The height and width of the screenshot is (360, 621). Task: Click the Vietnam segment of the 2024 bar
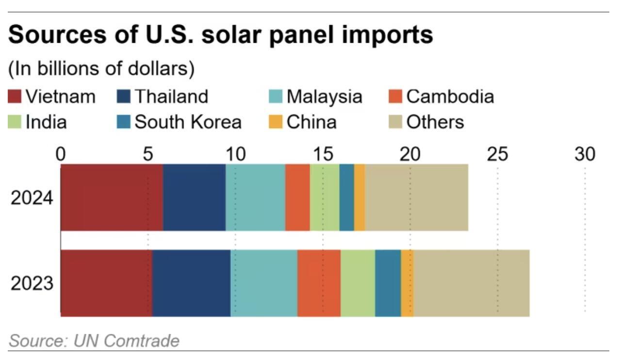tap(112, 197)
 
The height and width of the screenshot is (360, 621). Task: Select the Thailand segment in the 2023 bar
tap(191, 283)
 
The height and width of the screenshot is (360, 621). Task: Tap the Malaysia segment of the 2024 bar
tap(255, 197)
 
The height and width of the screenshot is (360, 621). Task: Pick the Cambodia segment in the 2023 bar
tap(319, 283)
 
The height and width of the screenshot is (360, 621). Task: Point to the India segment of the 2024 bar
tap(325, 197)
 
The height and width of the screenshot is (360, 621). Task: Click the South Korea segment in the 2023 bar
tap(388, 283)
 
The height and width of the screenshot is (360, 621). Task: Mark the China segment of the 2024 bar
tap(359, 197)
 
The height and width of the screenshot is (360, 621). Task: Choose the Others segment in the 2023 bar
tap(472, 283)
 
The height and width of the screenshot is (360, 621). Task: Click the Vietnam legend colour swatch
tap(15, 97)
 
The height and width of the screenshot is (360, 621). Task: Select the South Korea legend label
tap(188, 122)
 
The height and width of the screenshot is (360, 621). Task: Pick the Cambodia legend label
tap(450, 97)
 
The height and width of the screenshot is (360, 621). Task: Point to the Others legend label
tap(435, 122)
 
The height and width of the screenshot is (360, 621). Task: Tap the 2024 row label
tap(32, 198)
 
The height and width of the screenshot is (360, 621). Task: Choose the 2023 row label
tap(32, 283)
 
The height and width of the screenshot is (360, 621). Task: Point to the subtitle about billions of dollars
tap(101, 69)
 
